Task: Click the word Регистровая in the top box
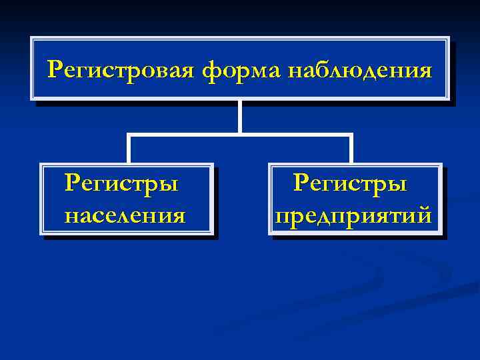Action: coord(122,69)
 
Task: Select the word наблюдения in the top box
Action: coord(359,69)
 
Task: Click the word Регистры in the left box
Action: coord(121,183)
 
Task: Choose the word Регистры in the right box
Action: coord(350,183)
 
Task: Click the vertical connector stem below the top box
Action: coord(239,116)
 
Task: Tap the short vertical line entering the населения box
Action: coord(129,150)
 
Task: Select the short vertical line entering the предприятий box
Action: coord(350,150)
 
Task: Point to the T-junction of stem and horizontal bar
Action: coord(239,135)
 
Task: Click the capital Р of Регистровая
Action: coord(55,68)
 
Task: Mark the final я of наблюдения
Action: coord(424,70)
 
